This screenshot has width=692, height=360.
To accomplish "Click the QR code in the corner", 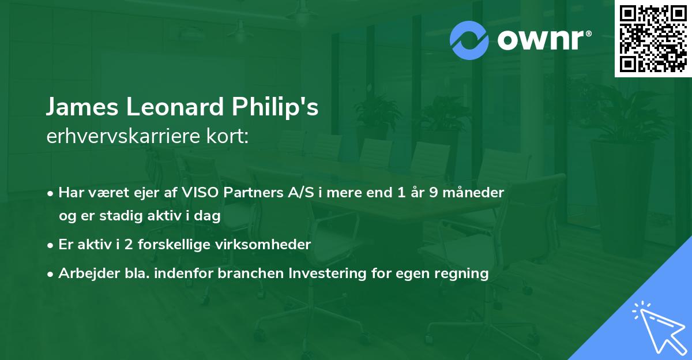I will pyautogui.click(x=653, y=38).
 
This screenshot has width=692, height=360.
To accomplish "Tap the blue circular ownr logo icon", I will pyautogui.click(x=469, y=40).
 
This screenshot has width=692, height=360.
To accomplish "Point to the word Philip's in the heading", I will pyautogui.click(x=275, y=108).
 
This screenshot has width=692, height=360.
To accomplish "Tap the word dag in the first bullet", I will pyautogui.click(x=209, y=216).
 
